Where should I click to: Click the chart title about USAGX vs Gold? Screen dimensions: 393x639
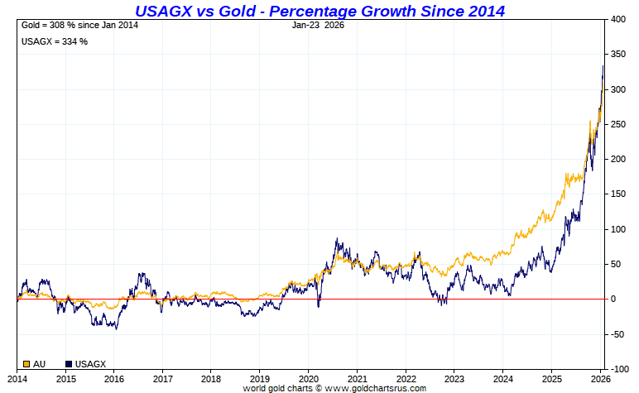pos(319,11)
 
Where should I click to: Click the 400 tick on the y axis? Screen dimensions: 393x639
pos(618,19)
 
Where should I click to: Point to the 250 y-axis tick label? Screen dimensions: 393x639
pos(618,124)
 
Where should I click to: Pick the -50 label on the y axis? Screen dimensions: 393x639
pos(618,334)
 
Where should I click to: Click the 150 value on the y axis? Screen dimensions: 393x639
pos(618,194)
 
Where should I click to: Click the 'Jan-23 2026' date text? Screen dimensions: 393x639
pos(319,25)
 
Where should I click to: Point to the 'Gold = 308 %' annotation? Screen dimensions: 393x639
pos(79,26)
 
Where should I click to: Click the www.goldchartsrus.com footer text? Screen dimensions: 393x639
pos(334,387)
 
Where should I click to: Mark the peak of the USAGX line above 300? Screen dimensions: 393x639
pos(603,65)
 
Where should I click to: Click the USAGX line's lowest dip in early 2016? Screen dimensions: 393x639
pos(116,329)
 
